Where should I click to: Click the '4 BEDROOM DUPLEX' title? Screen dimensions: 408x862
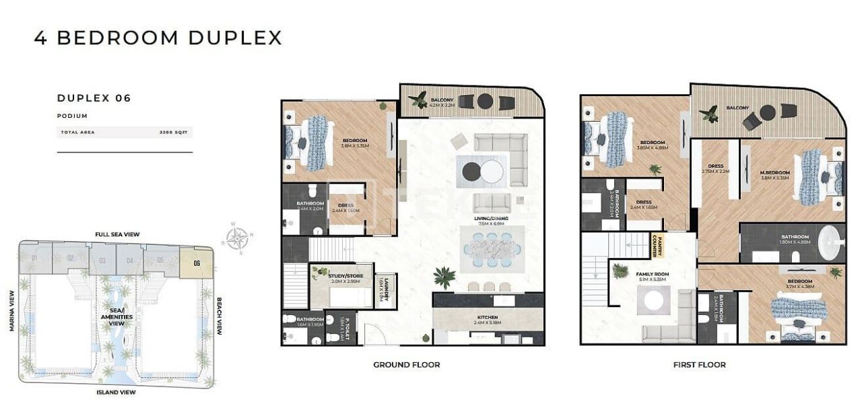[x=158, y=38]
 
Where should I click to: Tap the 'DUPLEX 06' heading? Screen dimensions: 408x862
[x=94, y=98]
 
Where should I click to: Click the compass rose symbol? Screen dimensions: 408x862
[x=236, y=238]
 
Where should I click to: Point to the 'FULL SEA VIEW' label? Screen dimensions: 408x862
[x=117, y=234]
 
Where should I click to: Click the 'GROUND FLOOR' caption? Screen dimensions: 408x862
[x=407, y=365]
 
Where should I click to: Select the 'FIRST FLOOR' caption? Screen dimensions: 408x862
[x=700, y=365]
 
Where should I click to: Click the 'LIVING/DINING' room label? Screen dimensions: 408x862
[x=492, y=219]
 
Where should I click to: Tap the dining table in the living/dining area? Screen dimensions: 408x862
[x=492, y=249]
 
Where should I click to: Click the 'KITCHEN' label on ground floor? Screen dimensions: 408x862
[x=488, y=317]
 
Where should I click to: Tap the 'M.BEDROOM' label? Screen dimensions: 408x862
[x=774, y=173]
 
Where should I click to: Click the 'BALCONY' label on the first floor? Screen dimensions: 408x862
[x=737, y=108]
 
